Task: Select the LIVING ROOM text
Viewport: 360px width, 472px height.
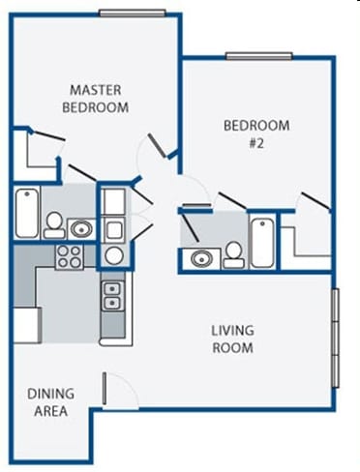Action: pyautogui.click(x=232, y=339)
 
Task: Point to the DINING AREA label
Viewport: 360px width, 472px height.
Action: pyautogui.click(x=50, y=401)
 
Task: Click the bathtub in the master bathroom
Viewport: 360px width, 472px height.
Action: pyautogui.click(x=26, y=213)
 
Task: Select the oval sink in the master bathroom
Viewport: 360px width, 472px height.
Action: pyautogui.click(x=79, y=229)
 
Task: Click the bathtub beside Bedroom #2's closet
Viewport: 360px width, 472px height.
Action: pyautogui.click(x=261, y=241)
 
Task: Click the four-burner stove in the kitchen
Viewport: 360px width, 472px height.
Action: pyautogui.click(x=69, y=256)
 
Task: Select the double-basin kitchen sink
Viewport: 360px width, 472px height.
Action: pyautogui.click(x=113, y=294)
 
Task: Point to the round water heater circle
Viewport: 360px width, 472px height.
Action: pyautogui.click(x=113, y=255)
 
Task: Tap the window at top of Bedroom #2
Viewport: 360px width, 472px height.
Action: pyautogui.click(x=258, y=56)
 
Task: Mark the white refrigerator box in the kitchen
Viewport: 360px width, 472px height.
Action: pyautogui.click(x=25, y=321)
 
